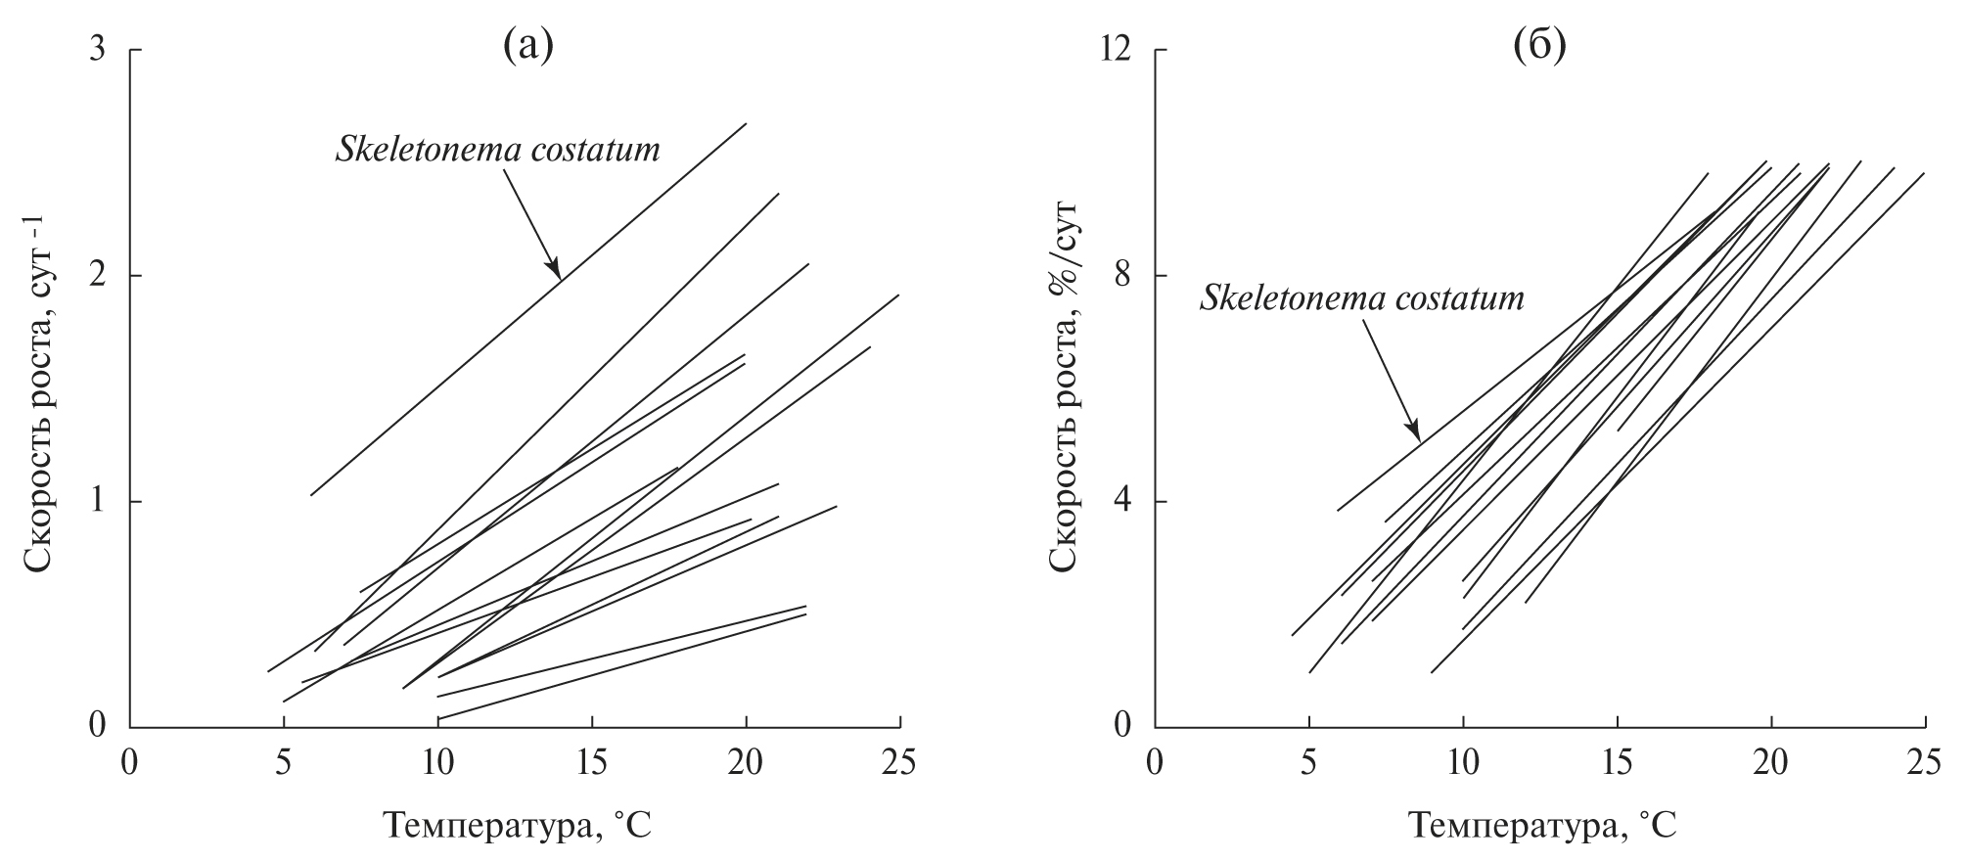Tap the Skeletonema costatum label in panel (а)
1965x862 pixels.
[x=498, y=151]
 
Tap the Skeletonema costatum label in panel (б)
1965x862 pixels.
[x=1362, y=297]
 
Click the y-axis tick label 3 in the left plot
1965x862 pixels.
[x=97, y=50]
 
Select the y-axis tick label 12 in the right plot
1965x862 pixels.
[x=1116, y=50]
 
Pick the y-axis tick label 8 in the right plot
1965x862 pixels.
[x=1123, y=276]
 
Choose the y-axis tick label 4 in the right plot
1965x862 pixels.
[x=1123, y=502]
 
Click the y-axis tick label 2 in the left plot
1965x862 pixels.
[x=97, y=276]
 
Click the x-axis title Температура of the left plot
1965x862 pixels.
[x=515, y=827]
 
